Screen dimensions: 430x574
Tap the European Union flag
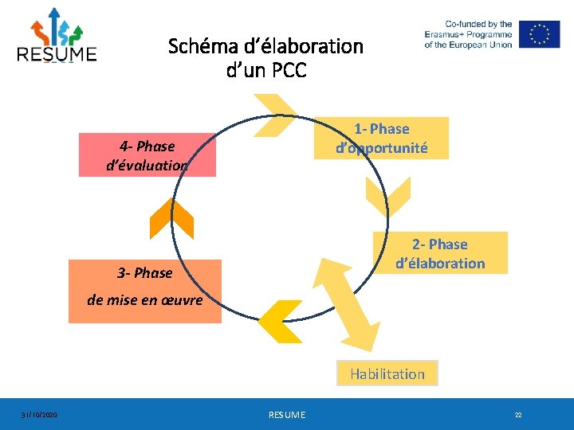(x=539, y=34)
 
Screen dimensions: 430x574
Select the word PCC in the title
(x=289, y=70)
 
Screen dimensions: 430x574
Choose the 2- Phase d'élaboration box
(x=439, y=253)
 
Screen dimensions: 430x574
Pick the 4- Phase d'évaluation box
(x=147, y=154)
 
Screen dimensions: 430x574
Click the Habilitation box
(x=387, y=373)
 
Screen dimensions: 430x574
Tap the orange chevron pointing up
(x=171, y=218)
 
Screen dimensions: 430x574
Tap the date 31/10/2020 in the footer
(x=38, y=415)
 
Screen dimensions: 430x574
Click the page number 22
(x=518, y=415)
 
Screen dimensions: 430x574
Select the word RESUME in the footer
(x=287, y=415)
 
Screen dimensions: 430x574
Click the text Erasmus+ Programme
(x=468, y=34)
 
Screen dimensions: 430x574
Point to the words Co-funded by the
(x=478, y=24)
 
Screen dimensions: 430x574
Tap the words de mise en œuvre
(x=145, y=300)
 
